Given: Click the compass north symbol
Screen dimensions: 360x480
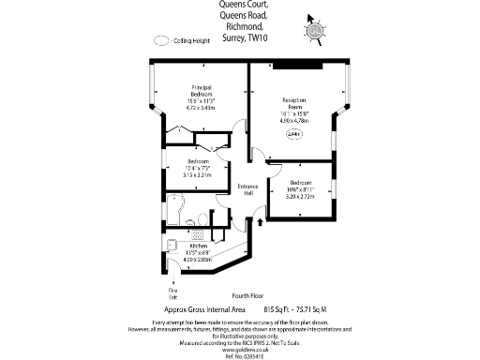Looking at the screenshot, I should coord(316,29).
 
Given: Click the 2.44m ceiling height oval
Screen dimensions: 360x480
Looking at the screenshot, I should coord(293,135).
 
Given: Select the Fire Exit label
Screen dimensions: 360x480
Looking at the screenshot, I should coord(172,294).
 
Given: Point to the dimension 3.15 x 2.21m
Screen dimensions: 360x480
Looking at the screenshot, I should coord(198,174).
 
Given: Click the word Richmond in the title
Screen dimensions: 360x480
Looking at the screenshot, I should coord(240,27).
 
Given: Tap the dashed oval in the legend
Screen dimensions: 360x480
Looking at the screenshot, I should coord(164,40).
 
